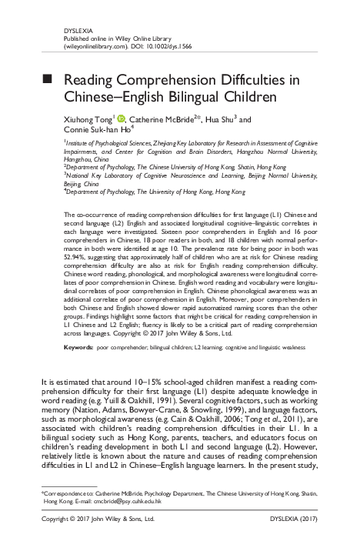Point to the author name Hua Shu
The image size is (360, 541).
(218, 120)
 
